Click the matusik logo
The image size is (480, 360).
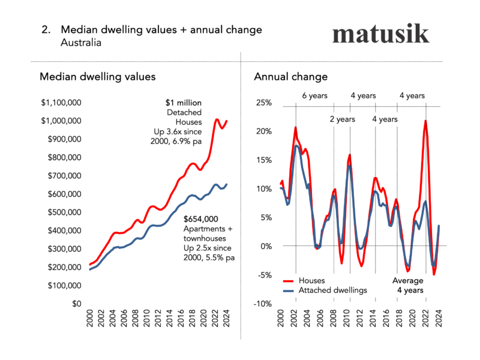click(x=381, y=34)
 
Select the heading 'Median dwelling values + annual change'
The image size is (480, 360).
click(x=161, y=30)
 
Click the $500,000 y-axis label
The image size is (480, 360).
click(x=63, y=212)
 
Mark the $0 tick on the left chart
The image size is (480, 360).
click(x=76, y=304)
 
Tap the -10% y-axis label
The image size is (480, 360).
click(x=263, y=304)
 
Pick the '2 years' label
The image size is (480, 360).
click(x=342, y=119)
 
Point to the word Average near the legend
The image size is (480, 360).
click(x=408, y=280)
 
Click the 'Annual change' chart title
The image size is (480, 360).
click(x=291, y=77)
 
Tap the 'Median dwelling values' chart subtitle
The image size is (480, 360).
click(x=98, y=77)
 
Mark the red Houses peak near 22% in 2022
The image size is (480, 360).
click(x=425, y=121)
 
